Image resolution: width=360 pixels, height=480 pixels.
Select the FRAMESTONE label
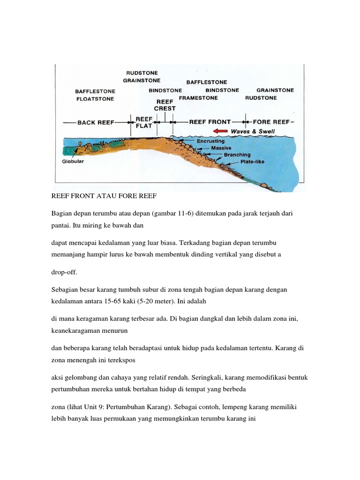pyautogui.click(x=198, y=98)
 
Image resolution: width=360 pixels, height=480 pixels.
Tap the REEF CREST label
pyautogui.click(x=165, y=105)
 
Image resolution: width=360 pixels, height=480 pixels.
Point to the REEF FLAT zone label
pyautogui.click(x=143, y=122)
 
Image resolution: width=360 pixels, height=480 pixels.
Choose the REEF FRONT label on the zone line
pyautogui.click(x=210, y=122)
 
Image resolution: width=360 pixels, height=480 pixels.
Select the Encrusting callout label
pyautogui.click(x=211, y=141)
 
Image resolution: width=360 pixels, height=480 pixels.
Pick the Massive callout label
pyautogui.click(x=222, y=148)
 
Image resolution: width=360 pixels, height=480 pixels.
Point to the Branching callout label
pyautogui.click(x=237, y=155)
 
